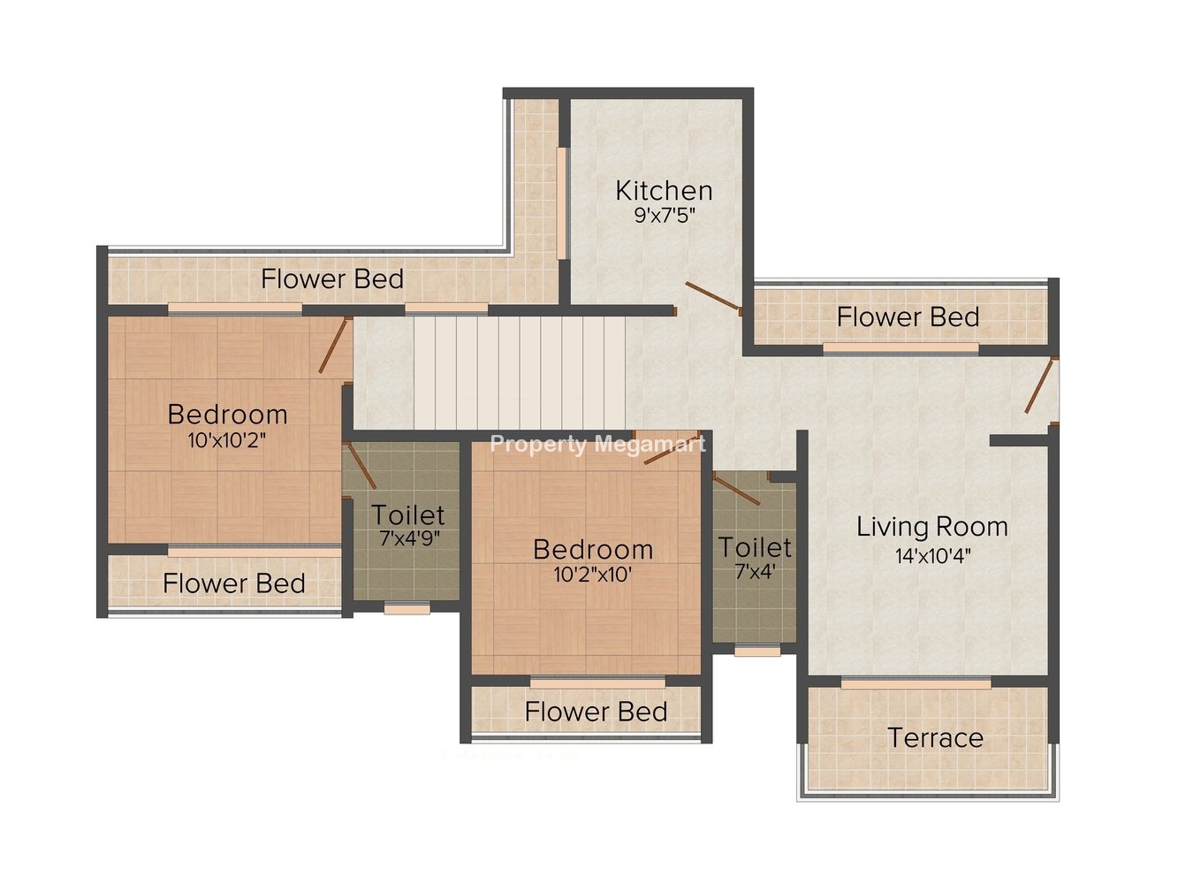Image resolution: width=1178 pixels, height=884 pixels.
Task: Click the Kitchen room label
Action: (x=664, y=191)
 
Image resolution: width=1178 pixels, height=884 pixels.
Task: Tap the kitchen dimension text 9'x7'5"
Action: (x=665, y=215)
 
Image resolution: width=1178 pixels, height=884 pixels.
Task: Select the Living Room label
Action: (x=931, y=527)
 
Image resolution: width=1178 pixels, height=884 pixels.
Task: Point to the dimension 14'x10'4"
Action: (x=932, y=555)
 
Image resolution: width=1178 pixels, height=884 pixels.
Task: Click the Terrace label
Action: (x=936, y=737)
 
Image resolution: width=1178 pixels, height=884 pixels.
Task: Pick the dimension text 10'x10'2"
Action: (x=227, y=440)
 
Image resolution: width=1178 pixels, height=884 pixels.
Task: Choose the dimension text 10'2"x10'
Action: (x=592, y=575)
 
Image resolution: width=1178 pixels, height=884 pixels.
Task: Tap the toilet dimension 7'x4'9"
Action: (x=409, y=537)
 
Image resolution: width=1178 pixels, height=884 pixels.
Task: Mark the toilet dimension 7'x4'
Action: (x=755, y=572)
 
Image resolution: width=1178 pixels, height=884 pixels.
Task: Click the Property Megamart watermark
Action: (x=598, y=445)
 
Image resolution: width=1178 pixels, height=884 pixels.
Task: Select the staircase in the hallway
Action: (x=520, y=372)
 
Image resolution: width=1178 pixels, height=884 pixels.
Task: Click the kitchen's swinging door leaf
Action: (x=713, y=296)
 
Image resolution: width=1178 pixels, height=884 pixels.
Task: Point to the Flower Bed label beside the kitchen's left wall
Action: (x=332, y=278)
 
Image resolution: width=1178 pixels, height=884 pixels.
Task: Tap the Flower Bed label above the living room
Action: (x=908, y=316)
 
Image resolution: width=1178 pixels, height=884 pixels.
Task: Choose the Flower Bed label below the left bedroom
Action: (x=234, y=583)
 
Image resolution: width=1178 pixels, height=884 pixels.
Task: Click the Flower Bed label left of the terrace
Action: (x=596, y=712)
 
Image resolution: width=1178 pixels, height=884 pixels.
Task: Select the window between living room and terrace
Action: (x=916, y=683)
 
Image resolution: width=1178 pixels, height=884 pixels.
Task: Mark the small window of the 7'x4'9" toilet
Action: (x=407, y=609)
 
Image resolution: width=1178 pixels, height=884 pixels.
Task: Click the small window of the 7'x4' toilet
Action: (x=757, y=651)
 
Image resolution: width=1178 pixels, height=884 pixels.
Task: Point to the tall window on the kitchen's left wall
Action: (x=562, y=203)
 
